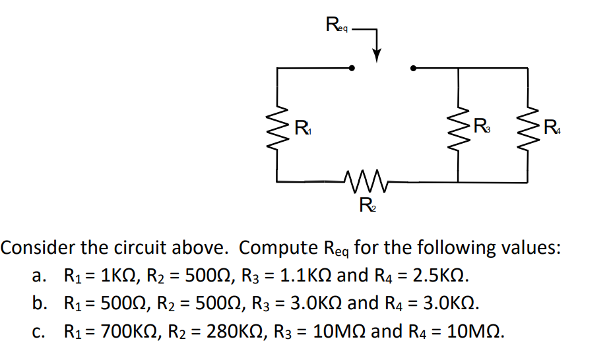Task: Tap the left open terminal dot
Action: pyautogui.click(x=352, y=67)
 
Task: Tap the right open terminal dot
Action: pyautogui.click(x=414, y=67)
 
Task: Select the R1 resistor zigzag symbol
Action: pyautogui.click(x=278, y=125)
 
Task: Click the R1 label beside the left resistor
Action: pyautogui.click(x=302, y=125)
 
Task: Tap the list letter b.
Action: pyautogui.click(x=38, y=303)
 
